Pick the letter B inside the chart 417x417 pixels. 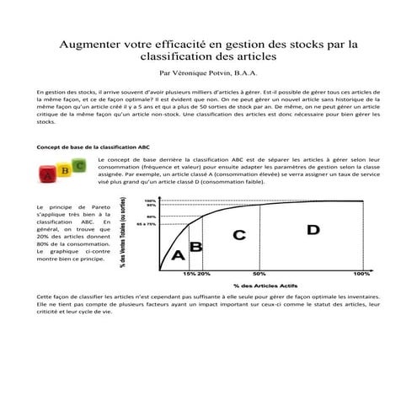[x=196, y=246]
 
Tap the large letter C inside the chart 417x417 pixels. [x=238, y=235]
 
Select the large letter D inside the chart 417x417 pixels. [x=313, y=229]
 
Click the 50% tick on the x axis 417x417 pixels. [x=259, y=274]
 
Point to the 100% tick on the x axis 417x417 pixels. [x=361, y=274]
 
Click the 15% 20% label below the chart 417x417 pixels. [x=196, y=274]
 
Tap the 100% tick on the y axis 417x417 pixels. [x=151, y=200]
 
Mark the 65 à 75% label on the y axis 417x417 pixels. [x=147, y=224]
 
